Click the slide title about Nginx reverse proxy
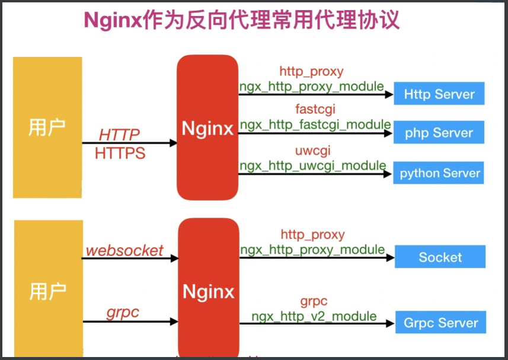pos(242,20)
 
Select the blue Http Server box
pos(439,94)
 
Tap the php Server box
pos(439,133)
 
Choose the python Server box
pos(439,173)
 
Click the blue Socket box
pos(440,257)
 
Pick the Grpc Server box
pos(440,323)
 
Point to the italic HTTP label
pos(119,135)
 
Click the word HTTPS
pos(120,153)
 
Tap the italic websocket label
pos(124,250)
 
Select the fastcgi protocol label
pos(312,110)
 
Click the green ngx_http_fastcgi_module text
pos(315,125)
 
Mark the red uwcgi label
pos(312,150)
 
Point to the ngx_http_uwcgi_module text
pos(312,165)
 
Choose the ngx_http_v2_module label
pos(314,316)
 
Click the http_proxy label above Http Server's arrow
pos(311,72)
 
